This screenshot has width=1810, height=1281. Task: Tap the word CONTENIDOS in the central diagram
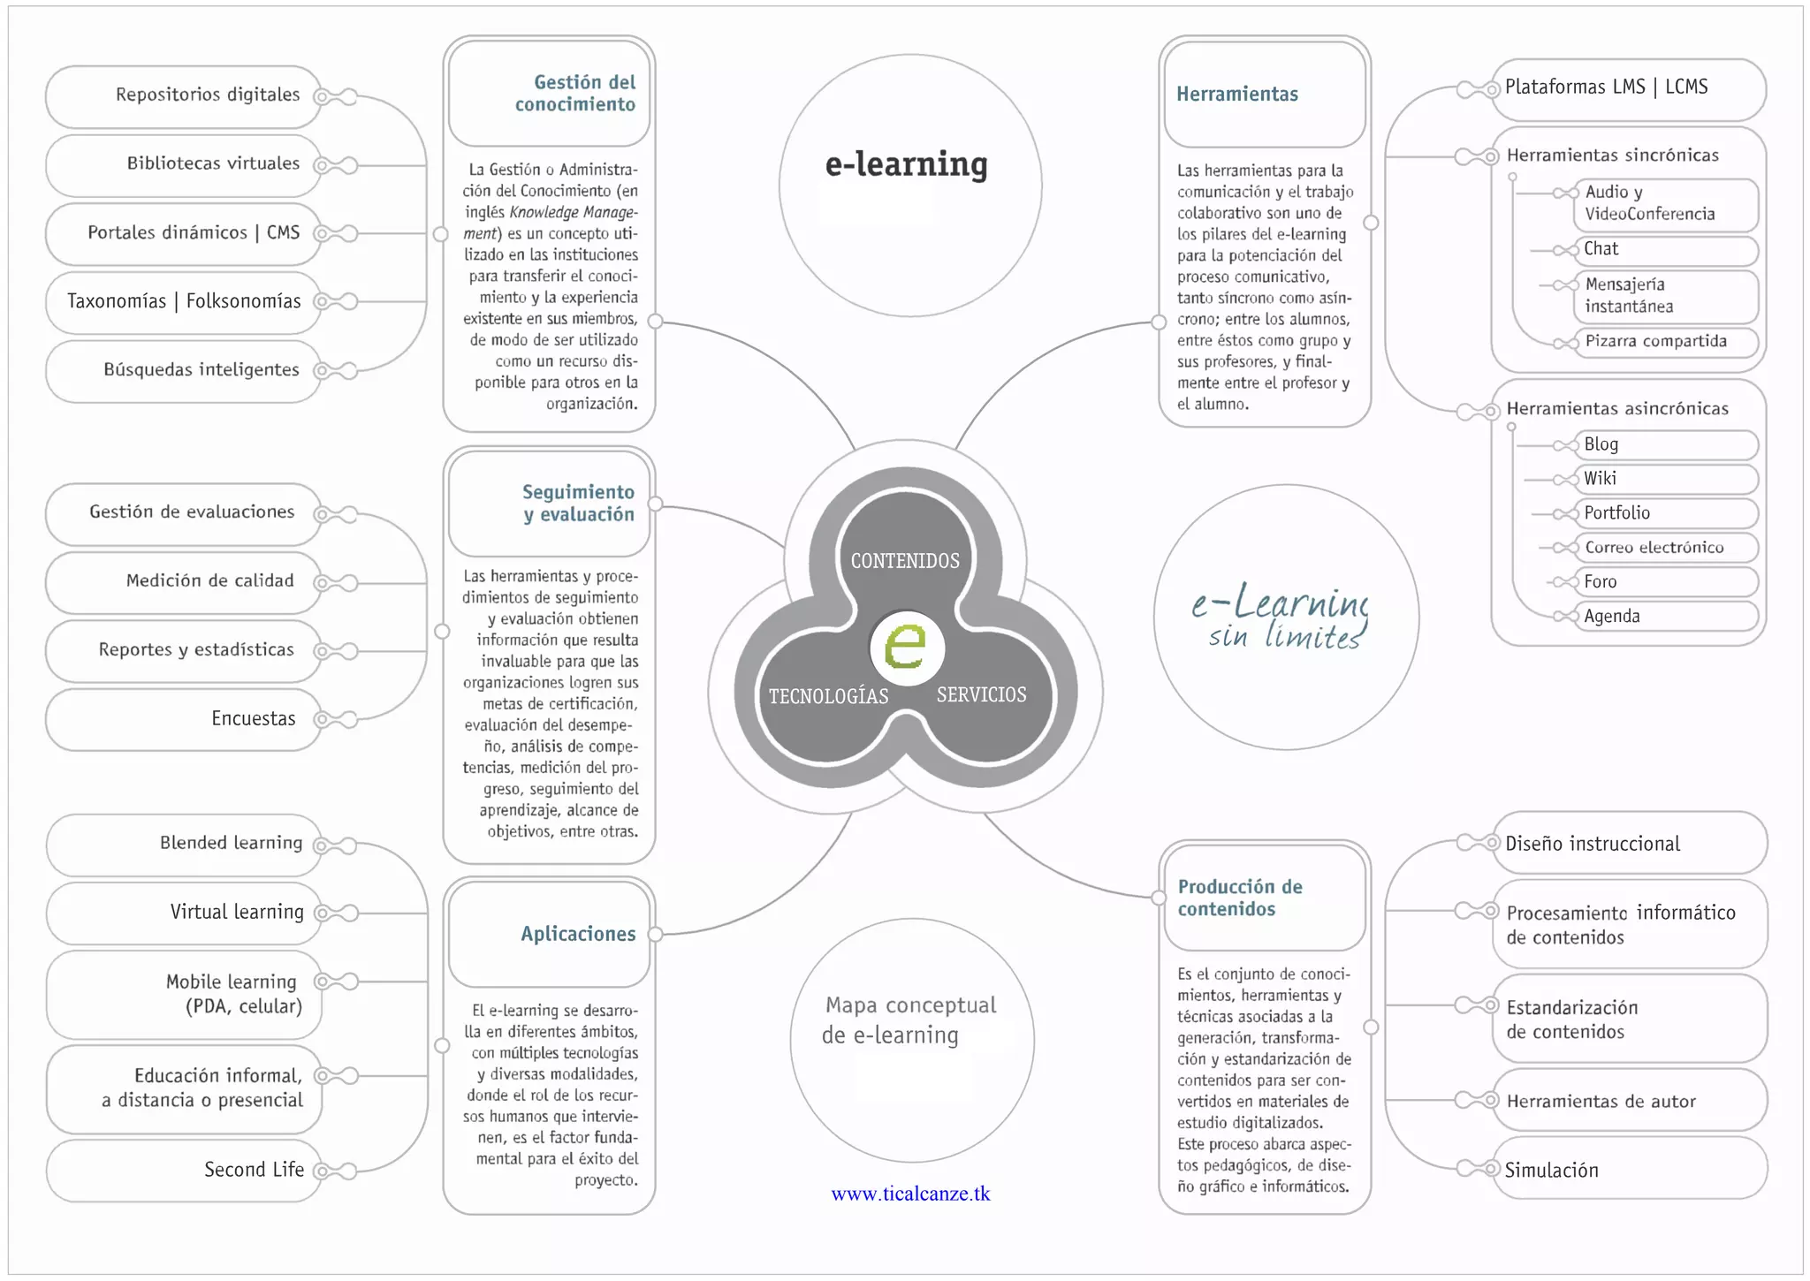pos(905,561)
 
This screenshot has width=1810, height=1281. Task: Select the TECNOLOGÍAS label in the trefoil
pos(828,696)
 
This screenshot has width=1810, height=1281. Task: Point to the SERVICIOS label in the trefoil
pos(981,694)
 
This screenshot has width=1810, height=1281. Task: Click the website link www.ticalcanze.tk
pos(910,1194)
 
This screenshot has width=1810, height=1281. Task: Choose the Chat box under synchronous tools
pos(1665,249)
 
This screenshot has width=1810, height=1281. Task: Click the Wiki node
pos(1665,479)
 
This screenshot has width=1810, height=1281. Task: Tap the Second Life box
pos(184,1170)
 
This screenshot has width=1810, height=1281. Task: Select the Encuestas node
pos(184,718)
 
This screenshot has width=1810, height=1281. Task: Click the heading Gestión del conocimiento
pos(575,93)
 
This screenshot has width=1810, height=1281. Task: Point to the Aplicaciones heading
pos(578,934)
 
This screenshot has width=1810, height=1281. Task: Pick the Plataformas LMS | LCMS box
pos(1628,87)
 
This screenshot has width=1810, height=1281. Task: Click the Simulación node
pos(1628,1170)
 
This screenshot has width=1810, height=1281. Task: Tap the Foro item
pos(1665,581)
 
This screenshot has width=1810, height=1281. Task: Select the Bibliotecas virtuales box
pos(184,163)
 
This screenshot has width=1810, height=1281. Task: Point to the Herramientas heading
pos(1237,94)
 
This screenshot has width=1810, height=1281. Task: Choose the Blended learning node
pos(184,843)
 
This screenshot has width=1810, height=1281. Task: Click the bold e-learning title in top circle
pos(906,164)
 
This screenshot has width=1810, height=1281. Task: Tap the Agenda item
pos(1665,616)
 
